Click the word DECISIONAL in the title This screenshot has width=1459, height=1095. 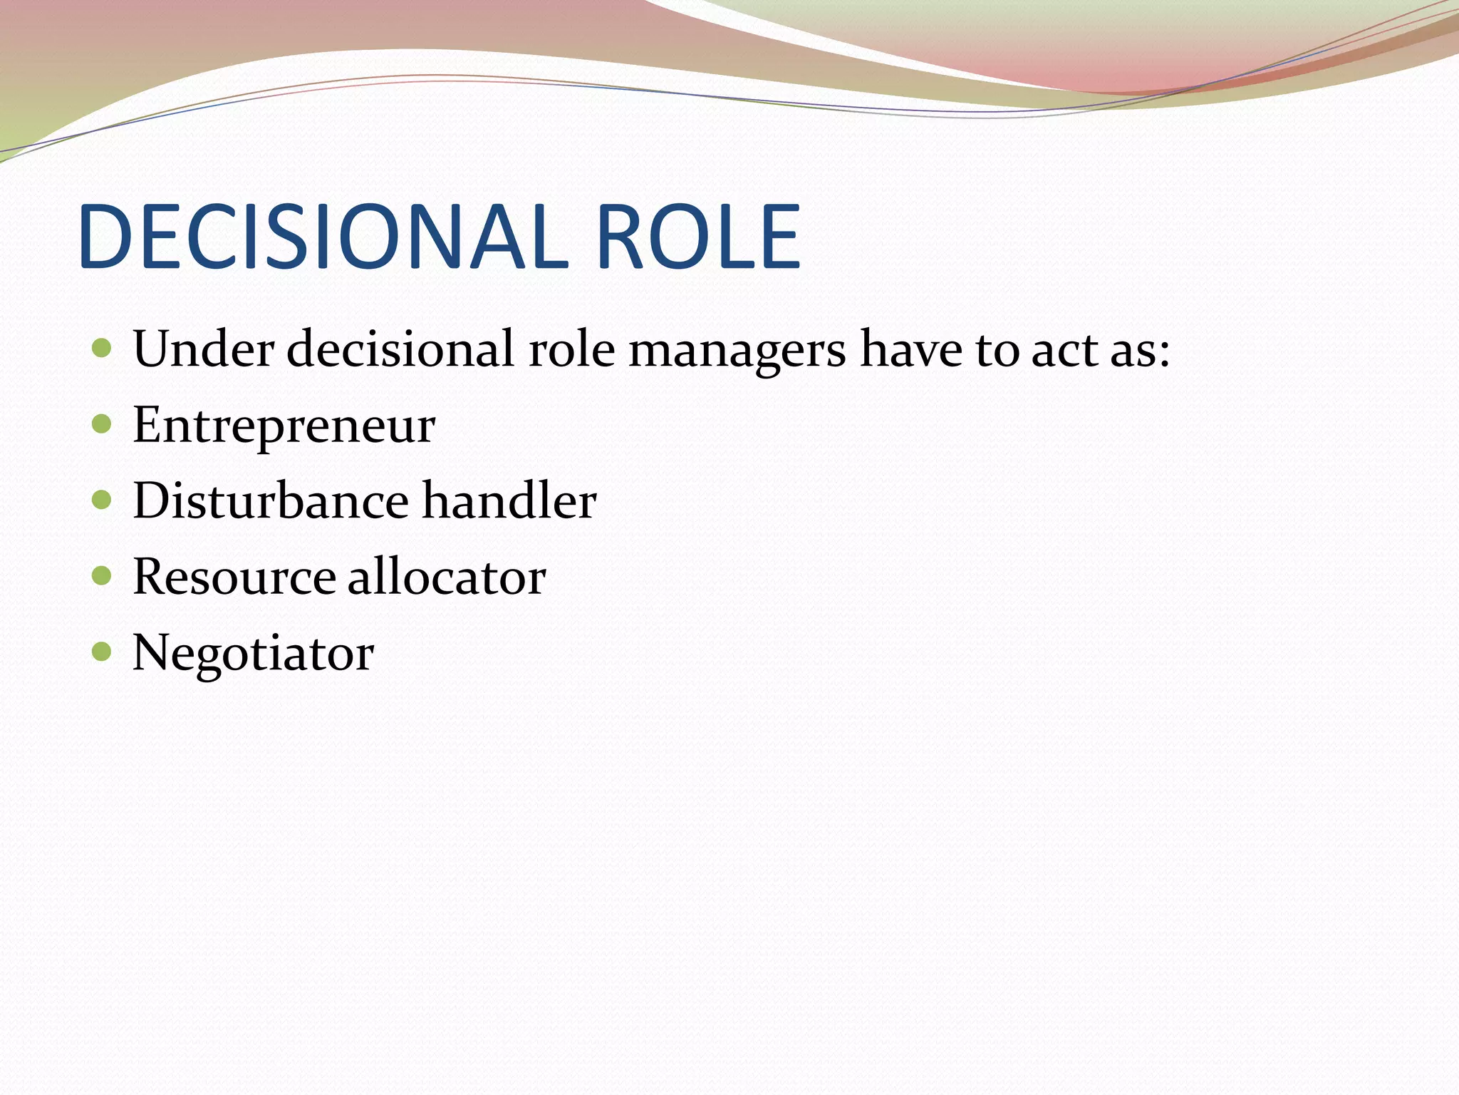coord(323,237)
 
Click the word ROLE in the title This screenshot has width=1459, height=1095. coord(698,237)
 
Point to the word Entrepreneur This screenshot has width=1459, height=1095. coord(284,426)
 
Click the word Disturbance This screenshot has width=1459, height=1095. coord(271,500)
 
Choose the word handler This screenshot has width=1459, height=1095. coord(509,500)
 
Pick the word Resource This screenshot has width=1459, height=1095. coord(234,577)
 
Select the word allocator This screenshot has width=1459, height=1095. coord(447,577)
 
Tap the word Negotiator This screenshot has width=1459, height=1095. coord(253,653)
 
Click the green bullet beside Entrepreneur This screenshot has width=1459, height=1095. coord(102,424)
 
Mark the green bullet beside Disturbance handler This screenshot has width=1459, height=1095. coord(102,500)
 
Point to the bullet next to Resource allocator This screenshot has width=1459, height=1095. coord(102,575)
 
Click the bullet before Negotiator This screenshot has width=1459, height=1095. coord(102,651)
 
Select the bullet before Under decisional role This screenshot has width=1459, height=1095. coord(102,348)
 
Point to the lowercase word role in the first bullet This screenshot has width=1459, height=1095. coord(571,349)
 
